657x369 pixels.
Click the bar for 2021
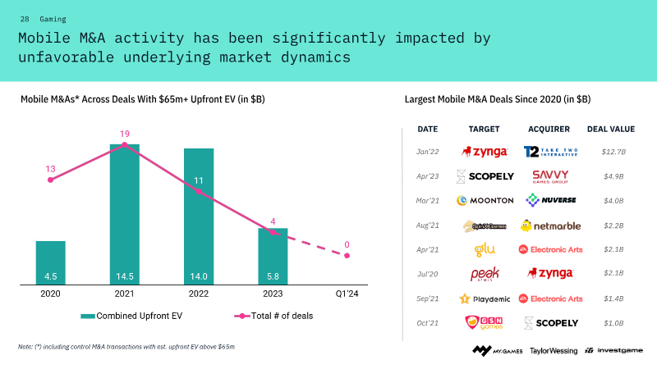point(124,214)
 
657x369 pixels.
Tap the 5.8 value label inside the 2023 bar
point(273,276)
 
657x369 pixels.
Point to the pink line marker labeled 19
point(124,144)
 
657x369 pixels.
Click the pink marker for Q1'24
point(347,255)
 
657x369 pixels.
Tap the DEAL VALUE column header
point(610,129)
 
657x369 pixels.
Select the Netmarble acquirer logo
point(550,225)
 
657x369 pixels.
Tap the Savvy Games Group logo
point(551,176)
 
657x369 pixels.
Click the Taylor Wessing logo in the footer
point(554,351)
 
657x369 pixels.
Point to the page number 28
point(25,18)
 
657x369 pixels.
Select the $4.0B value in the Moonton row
point(613,200)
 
